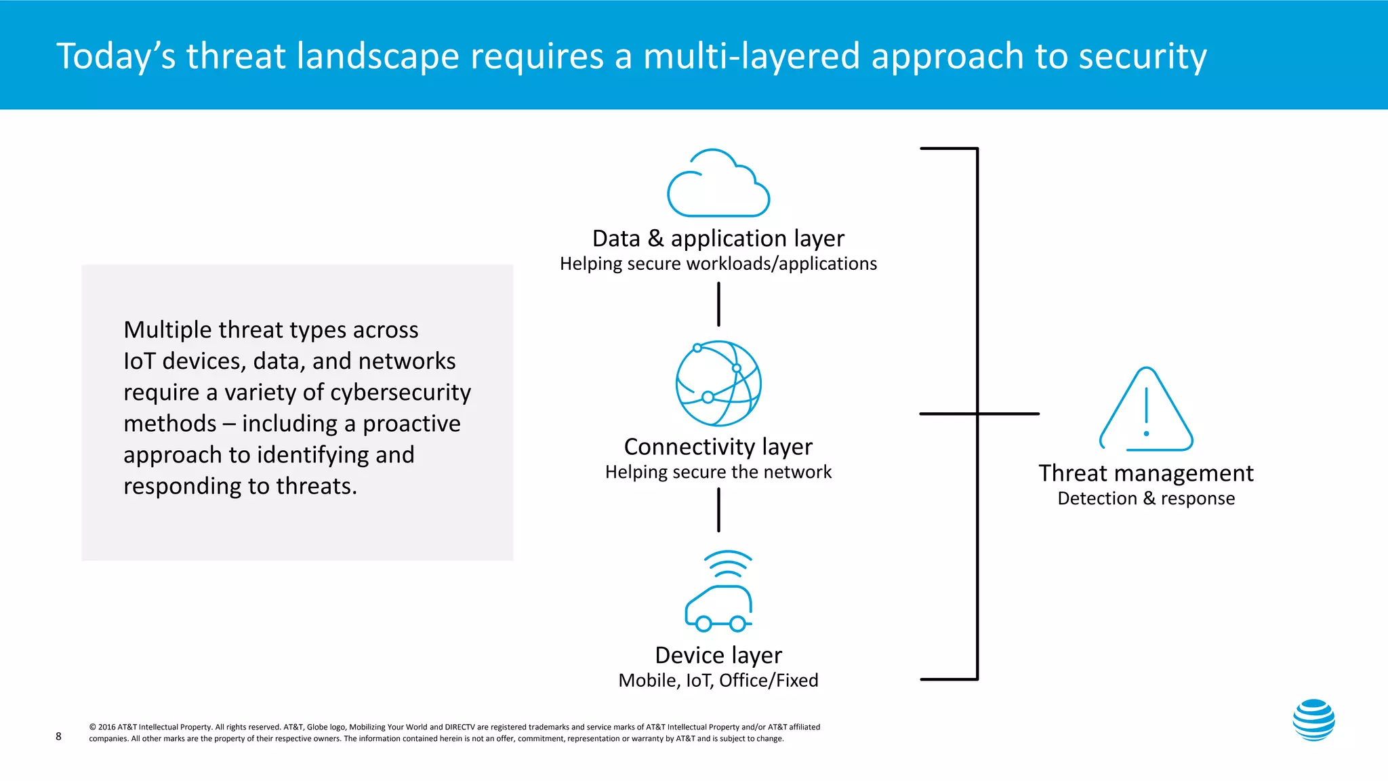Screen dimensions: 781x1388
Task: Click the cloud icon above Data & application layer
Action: [718, 184]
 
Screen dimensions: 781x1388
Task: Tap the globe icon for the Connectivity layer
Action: [718, 383]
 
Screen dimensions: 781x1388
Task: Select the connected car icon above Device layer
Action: [718, 607]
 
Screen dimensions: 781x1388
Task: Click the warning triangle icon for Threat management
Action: [1146, 411]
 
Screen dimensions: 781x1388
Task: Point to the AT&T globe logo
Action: [1313, 720]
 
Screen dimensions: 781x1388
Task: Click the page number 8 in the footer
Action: [58, 736]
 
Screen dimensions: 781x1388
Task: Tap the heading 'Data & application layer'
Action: [718, 239]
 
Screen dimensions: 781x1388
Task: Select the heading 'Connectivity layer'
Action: [718, 447]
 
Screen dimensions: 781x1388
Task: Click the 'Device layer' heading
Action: [718, 656]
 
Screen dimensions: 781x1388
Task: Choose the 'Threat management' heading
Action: [1146, 473]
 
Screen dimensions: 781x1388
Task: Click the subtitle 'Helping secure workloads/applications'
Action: [718, 264]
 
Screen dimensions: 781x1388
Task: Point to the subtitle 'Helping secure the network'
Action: [718, 472]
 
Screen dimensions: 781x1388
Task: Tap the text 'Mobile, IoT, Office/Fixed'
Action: [718, 680]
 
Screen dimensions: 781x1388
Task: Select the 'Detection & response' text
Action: [1146, 498]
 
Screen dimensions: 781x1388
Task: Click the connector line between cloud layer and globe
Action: [718, 304]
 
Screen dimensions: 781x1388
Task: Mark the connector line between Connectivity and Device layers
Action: [718, 510]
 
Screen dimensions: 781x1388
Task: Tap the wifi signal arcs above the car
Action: [728, 563]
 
